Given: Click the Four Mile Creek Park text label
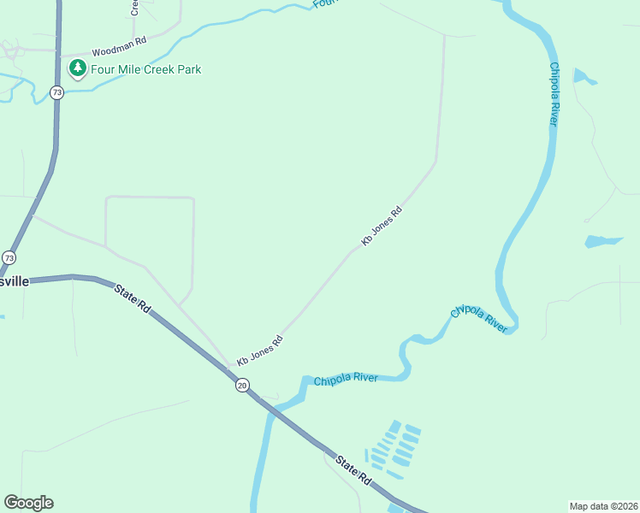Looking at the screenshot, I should pos(146,69).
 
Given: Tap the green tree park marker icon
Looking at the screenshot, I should pos(78,68).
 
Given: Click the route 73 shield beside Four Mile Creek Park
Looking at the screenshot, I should pos(56,92).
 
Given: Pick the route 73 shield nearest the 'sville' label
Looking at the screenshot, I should pos(9,257).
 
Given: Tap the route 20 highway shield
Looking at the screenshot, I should pos(243,385).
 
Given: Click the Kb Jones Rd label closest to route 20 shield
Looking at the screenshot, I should pos(259,351).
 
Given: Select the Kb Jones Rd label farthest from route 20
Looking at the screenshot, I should pos(382,227).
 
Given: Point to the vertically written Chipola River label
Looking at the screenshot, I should pos(554,94).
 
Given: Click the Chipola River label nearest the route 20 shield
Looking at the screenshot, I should pos(346,380).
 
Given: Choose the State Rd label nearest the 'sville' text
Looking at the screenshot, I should pos(132,298).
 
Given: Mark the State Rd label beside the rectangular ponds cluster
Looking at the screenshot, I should pos(353,471).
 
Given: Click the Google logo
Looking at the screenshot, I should pos(28,503).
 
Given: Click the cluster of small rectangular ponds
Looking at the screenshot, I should pos(393,450).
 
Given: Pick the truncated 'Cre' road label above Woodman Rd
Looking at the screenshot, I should pos(134,8).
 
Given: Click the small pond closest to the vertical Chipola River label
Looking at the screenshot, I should pos(584,77).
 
